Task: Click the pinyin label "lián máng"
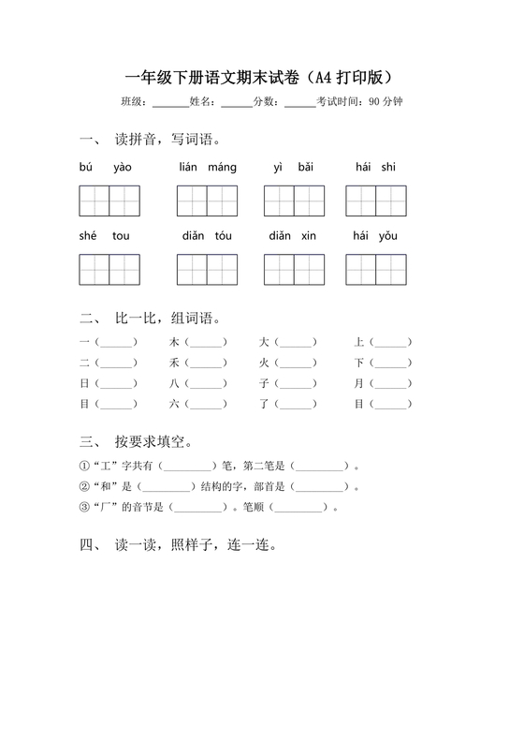coord(207,168)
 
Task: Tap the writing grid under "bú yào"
coord(109,200)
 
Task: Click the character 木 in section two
coord(173,342)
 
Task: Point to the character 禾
coord(173,363)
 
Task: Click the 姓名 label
coord(202,101)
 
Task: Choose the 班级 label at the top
coord(134,101)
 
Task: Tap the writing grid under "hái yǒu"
coord(375,269)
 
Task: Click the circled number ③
coord(84,507)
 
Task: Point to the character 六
coord(173,404)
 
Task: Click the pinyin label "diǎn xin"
coord(293,236)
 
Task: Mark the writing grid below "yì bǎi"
coord(293,200)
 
